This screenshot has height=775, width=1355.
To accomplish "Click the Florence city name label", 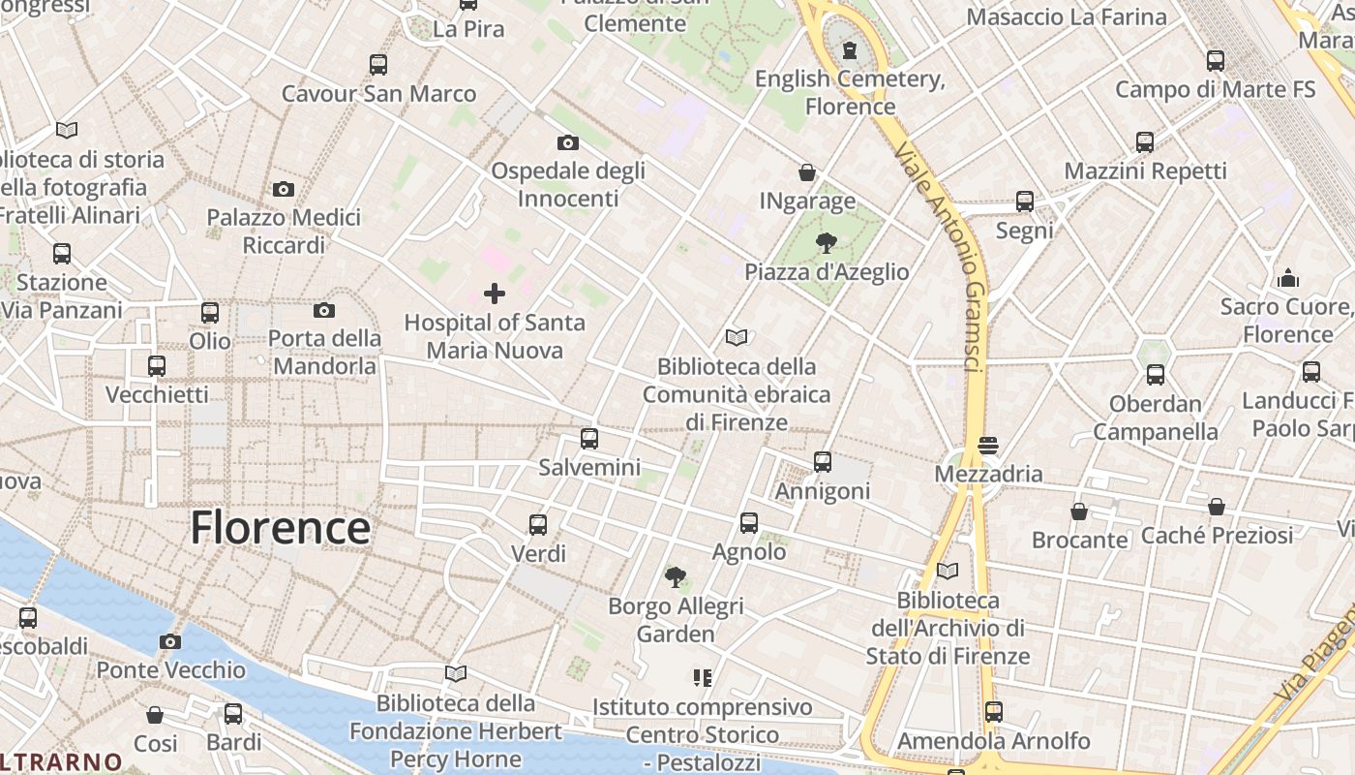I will [x=280, y=528].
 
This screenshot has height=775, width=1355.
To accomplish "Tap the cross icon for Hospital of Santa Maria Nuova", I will [x=495, y=293].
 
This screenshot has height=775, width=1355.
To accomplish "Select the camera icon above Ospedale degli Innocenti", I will [x=568, y=142].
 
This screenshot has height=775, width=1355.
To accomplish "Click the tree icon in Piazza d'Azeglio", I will [x=827, y=242].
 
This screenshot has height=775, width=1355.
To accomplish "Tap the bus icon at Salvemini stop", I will [x=589, y=439].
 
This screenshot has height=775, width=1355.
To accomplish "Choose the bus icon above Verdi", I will [x=538, y=525].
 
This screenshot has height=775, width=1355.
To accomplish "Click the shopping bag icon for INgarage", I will [x=807, y=172].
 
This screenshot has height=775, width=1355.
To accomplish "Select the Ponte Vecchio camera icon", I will [x=170, y=641].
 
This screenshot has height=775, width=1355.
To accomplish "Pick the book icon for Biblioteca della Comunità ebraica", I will [x=737, y=337].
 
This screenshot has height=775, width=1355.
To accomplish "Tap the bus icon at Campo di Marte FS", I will [x=1216, y=60].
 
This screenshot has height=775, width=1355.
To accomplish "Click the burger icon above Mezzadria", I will [x=988, y=446].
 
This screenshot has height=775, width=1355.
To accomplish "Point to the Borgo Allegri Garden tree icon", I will [x=676, y=577].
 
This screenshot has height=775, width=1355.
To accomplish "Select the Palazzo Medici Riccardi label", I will [x=284, y=231].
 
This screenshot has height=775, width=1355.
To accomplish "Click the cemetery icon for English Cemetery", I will [x=850, y=49].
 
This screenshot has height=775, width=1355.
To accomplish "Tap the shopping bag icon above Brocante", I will [x=1079, y=511].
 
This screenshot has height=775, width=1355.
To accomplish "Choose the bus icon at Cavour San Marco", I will [x=378, y=65].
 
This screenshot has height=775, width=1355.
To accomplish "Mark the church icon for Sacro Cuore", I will [x=1288, y=278].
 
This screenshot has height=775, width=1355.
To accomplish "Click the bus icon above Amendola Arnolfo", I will [x=993, y=712].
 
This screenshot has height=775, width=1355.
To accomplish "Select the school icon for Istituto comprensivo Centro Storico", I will [x=703, y=677].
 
